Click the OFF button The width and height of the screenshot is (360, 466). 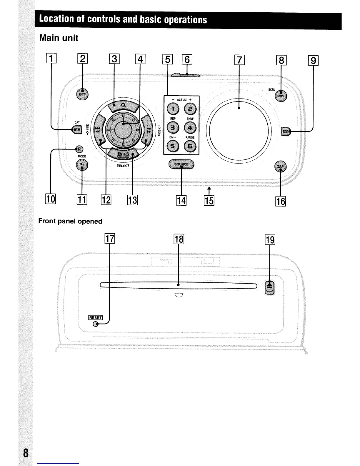click(x=82, y=94)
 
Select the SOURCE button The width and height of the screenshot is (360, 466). click(x=181, y=164)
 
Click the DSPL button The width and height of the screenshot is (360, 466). click(x=281, y=96)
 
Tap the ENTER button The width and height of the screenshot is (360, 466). click(x=123, y=154)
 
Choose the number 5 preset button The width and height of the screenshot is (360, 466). click(x=173, y=146)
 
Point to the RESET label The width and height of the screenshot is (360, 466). click(x=96, y=317)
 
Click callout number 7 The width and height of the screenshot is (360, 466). click(x=239, y=60)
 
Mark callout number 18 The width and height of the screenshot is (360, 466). click(x=179, y=239)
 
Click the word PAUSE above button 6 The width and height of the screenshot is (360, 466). click(x=190, y=137)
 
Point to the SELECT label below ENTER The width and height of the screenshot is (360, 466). click(x=123, y=166)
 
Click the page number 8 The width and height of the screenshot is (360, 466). click(x=26, y=453)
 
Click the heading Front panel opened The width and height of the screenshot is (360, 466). click(x=70, y=221)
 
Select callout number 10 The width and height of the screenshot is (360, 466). click(x=51, y=199)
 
